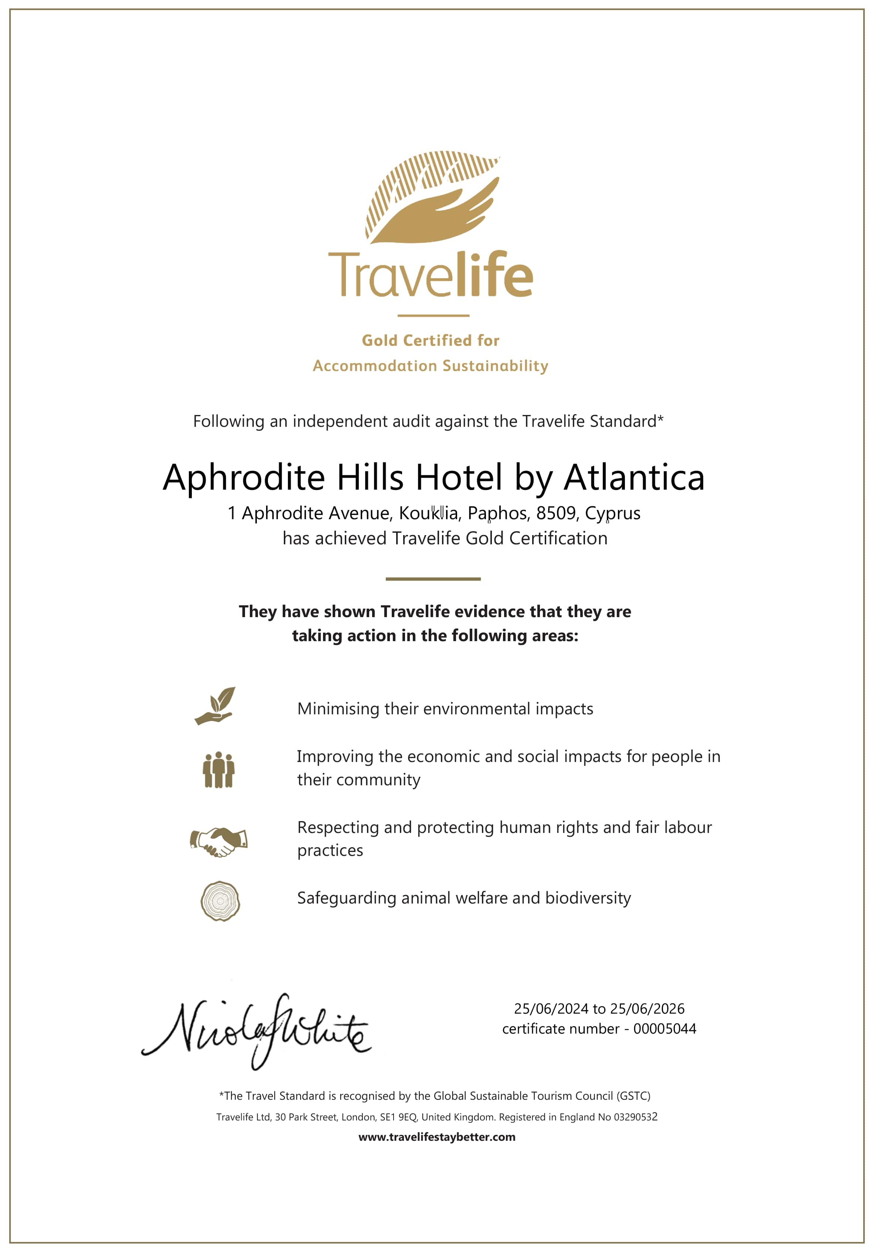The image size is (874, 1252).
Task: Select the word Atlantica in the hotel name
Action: (x=634, y=478)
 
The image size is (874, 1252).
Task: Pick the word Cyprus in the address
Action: (x=612, y=513)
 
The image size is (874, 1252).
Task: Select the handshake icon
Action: (x=219, y=841)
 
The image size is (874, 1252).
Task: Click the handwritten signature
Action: (x=256, y=1031)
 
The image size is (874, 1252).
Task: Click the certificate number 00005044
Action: (x=664, y=1029)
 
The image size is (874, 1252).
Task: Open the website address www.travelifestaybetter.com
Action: (x=437, y=1137)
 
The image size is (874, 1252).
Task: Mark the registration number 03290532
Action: (x=635, y=1117)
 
